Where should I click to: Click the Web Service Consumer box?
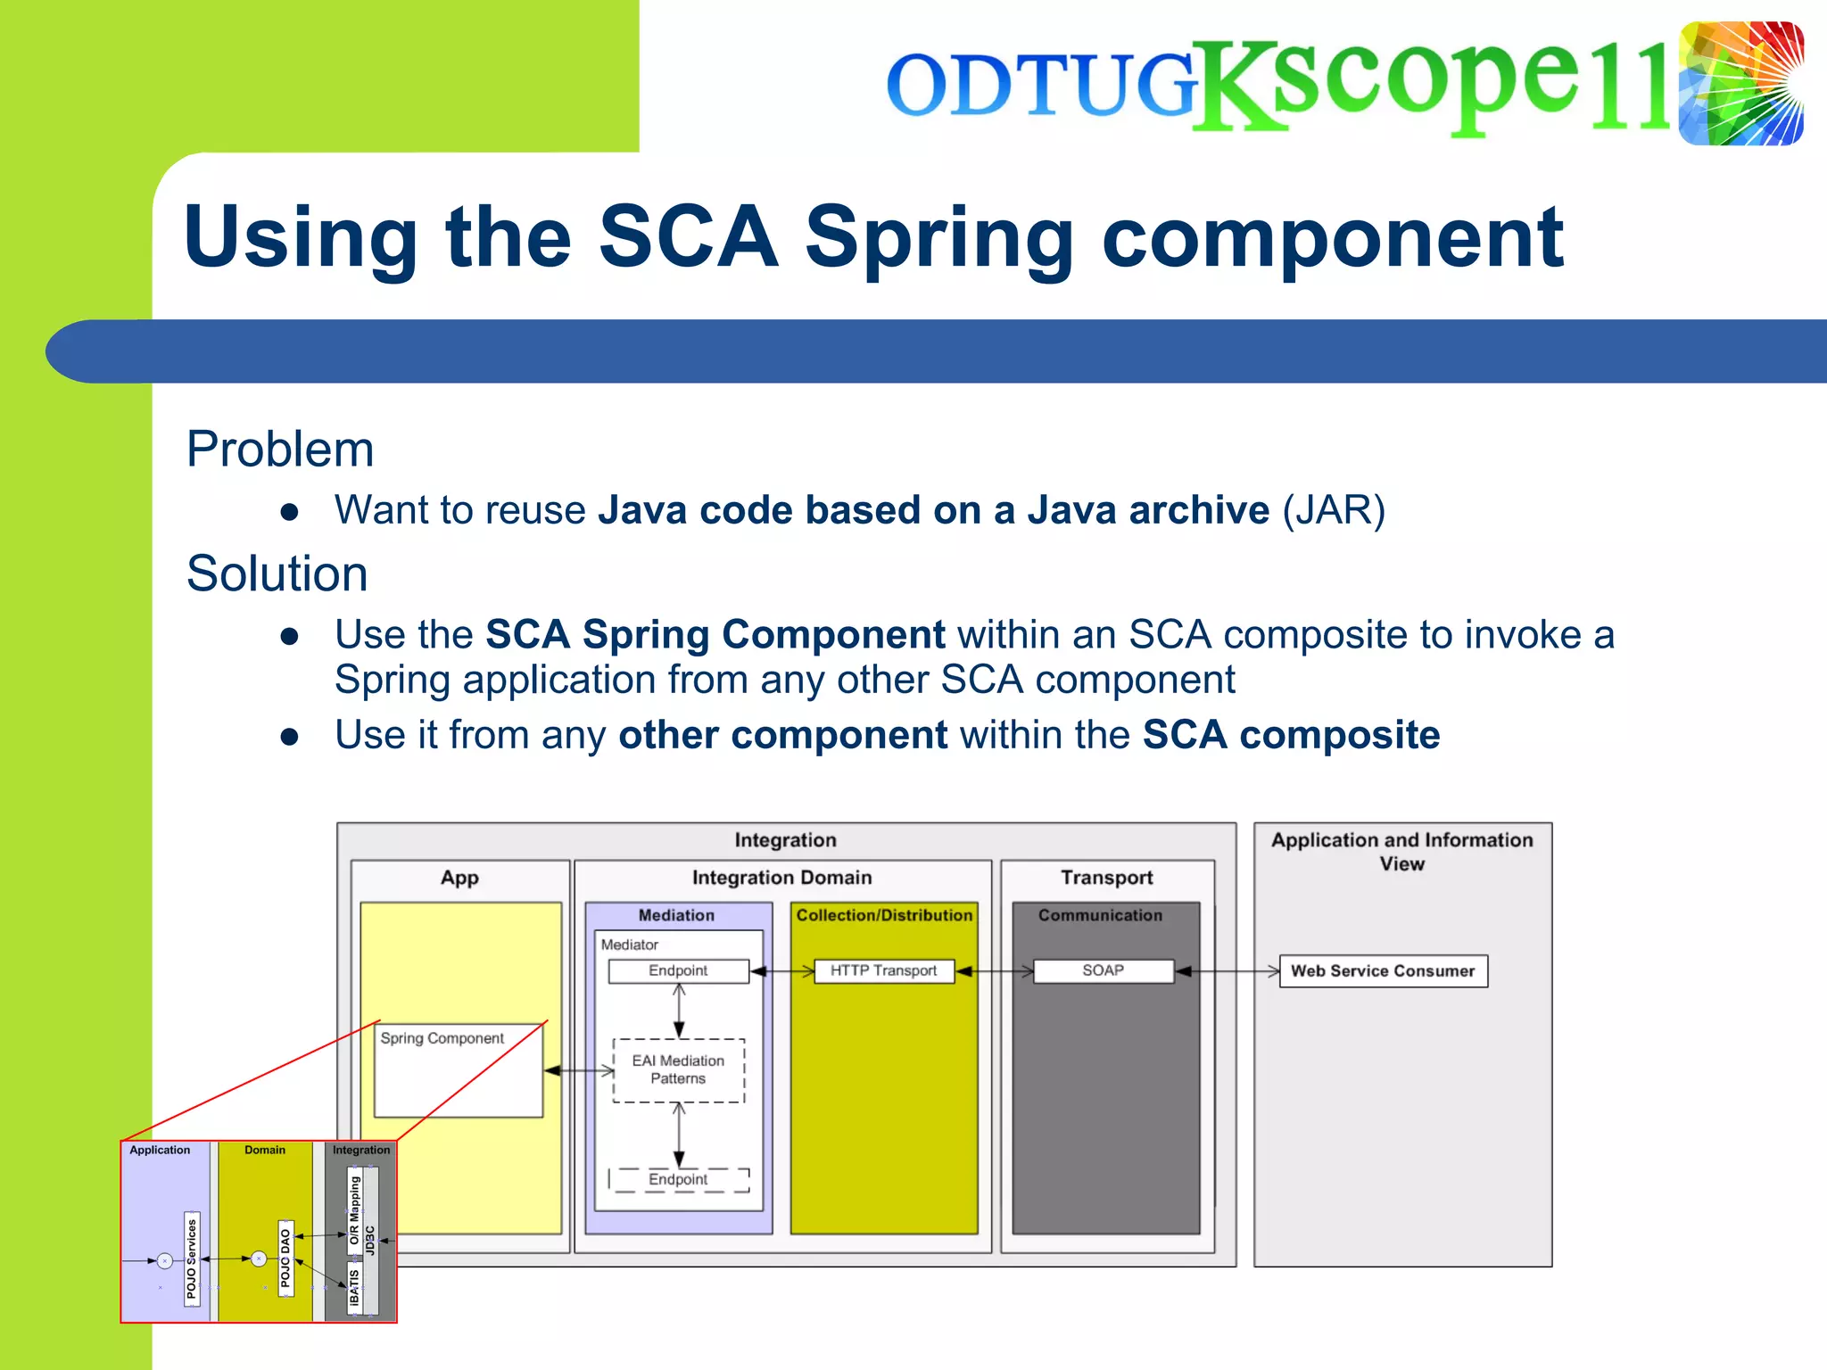pyautogui.click(x=1383, y=970)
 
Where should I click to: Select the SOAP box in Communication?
pyautogui.click(x=1103, y=970)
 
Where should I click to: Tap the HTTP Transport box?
pyautogui.click(x=883, y=970)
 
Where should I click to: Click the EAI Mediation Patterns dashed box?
pyautogui.click(x=678, y=1070)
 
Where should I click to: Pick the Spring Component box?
pyautogui.click(x=459, y=1069)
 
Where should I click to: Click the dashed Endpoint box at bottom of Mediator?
pyautogui.click(x=678, y=1179)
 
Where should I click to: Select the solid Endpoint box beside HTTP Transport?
pyautogui.click(x=678, y=970)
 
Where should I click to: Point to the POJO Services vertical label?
pyautogui.click(x=192, y=1259)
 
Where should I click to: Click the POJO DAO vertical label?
pyautogui.click(x=285, y=1258)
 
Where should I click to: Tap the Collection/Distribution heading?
pyautogui.click(x=884, y=915)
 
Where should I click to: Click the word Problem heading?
pyautogui.click(x=280, y=449)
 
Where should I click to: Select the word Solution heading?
pyautogui.click(x=277, y=573)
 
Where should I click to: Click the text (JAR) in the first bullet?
pyautogui.click(x=1334, y=510)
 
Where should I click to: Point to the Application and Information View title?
pyautogui.click(x=1401, y=851)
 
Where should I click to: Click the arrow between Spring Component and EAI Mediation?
pyautogui.click(x=579, y=1070)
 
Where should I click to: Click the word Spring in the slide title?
pyautogui.click(x=938, y=236)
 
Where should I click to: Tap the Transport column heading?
pyautogui.click(x=1106, y=878)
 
